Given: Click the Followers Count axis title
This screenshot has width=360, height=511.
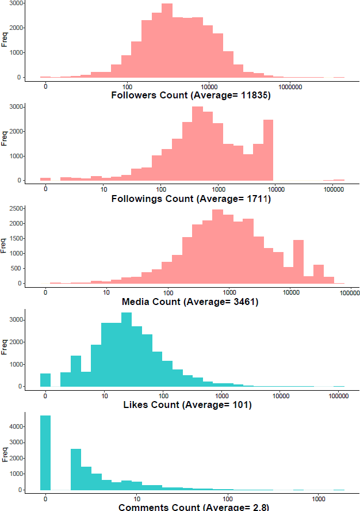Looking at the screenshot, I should tap(190, 96).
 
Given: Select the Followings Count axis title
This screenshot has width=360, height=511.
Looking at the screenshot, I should tap(190, 199).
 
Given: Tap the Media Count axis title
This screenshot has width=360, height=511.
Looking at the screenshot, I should tap(190, 302).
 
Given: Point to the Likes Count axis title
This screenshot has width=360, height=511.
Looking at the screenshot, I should tap(187, 405).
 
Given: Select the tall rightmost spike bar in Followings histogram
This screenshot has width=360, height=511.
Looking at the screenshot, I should tap(269, 150).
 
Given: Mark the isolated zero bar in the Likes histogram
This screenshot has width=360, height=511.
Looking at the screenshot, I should tap(45, 380).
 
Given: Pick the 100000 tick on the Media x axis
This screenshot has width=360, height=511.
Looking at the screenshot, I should tap(350, 293).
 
